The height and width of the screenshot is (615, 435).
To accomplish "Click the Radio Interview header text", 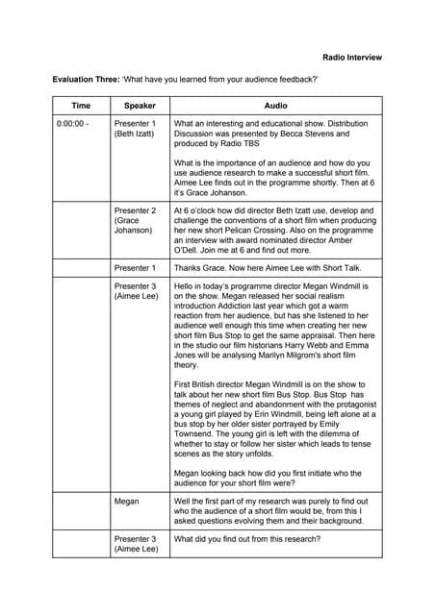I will click(351, 57).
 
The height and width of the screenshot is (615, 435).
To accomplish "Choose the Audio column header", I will click(275, 105).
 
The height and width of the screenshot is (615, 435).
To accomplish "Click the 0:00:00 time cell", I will click(73, 124).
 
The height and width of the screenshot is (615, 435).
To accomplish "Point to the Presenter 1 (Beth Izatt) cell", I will click(135, 130).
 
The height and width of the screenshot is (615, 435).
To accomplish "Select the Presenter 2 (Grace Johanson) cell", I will click(135, 220).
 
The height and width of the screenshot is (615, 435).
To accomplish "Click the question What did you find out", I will click(247, 539).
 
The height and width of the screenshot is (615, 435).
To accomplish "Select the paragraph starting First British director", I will click(275, 418).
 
